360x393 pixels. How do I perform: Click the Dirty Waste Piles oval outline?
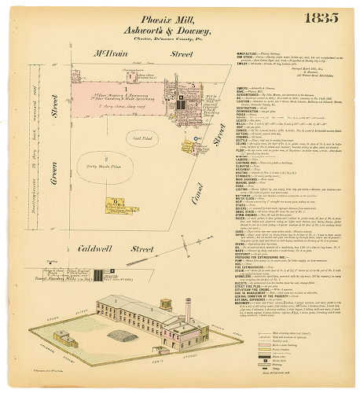pyautogui.click(x=111, y=169)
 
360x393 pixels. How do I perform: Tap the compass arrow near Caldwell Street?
pyautogui.click(x=100, y=274)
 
